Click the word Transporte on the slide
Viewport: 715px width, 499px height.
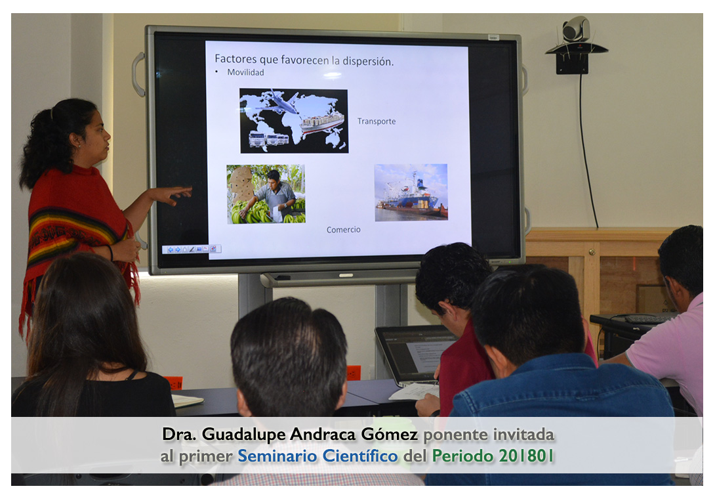[377, 121]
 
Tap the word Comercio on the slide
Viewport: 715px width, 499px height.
[343, 230]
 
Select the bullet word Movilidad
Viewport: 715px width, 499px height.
[245, 72]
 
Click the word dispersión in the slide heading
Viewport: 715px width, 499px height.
[367, 60]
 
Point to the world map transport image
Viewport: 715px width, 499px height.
[294, 121]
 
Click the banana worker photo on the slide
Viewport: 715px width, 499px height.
[266, 194]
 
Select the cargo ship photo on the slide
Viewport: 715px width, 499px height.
[411, 192]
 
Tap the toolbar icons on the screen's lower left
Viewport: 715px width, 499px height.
[192, 249]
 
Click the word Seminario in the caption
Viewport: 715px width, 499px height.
[277, 456]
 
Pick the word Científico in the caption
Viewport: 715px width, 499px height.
[360, 456]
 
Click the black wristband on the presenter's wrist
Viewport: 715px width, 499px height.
[110, 253]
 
